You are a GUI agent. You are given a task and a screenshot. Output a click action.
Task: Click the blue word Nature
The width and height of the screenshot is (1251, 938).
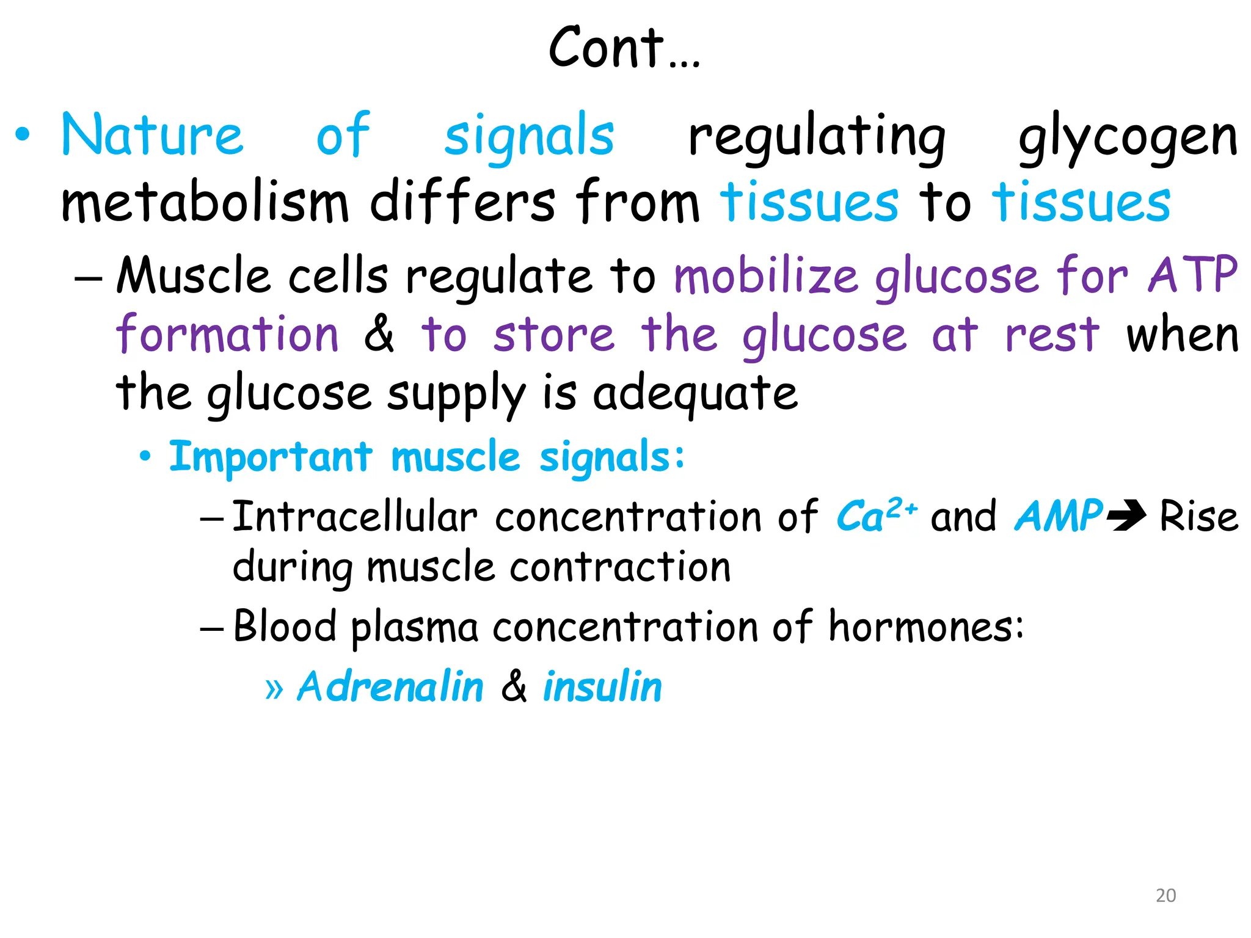[152, 136]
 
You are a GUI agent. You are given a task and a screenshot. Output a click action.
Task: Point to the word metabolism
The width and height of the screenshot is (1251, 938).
[205, 202]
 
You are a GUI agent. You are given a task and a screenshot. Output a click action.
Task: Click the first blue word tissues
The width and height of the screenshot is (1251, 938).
[809, 202]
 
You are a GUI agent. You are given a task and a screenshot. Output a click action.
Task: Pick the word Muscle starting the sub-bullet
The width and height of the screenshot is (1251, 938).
[193, 275]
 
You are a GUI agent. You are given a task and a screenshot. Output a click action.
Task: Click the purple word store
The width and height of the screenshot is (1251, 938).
[554, 335]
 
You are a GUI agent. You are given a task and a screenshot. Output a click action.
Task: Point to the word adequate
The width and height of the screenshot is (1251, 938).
[695, 393]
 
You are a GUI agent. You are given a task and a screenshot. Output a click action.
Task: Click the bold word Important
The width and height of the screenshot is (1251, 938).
[271, 457]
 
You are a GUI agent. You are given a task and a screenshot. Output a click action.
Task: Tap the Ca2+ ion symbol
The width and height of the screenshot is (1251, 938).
[876, 515]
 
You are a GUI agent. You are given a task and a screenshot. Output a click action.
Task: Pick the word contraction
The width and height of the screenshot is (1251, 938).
[620, 567]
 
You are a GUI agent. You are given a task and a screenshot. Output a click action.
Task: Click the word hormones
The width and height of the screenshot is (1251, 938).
[925, 627]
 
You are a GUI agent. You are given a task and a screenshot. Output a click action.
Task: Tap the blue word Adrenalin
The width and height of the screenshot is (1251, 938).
[390, 686]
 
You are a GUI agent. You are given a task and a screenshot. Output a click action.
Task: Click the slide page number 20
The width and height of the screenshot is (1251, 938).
[1165, 895]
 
